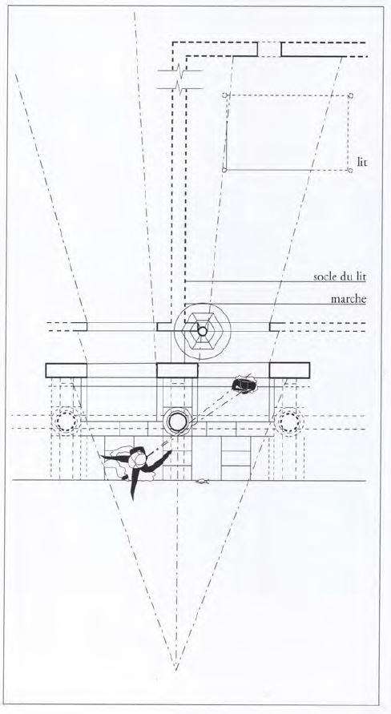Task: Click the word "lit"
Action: point(361,162)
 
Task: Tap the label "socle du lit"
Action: point(340,276)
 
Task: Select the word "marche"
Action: point(349,299)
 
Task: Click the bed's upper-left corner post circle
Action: point(224,95)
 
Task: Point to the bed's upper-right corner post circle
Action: point(350,95)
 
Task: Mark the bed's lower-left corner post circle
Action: point(224,170)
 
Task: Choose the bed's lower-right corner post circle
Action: point(350,171)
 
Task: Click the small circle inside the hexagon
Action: point(202,331)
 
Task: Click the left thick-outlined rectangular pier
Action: point(66,370)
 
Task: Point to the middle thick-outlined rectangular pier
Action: point(177,370)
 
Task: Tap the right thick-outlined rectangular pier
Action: point(289,370)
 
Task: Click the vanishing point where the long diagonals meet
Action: point(175,670)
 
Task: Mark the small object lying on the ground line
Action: point(201,480)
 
